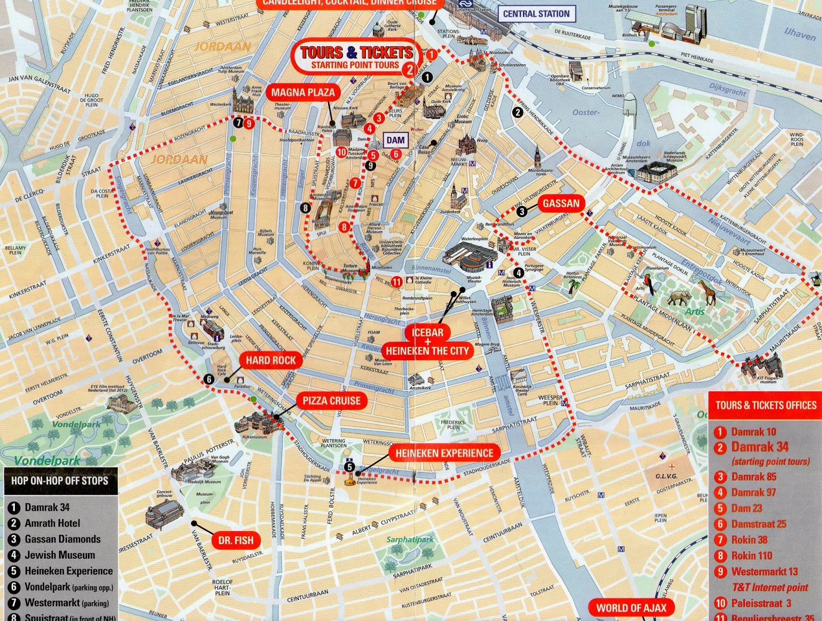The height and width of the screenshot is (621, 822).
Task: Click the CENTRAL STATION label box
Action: (x=536, y=14)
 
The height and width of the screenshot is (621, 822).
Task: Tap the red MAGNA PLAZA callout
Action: (x=303, y=92)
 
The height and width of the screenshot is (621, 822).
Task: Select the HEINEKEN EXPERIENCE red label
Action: (x=444, y=453)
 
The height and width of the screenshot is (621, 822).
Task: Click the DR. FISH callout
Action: (x=236, y=540)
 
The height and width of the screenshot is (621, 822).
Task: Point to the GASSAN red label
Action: (x=561, y=203)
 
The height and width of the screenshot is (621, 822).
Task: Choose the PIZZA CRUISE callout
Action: (x=331, y=401)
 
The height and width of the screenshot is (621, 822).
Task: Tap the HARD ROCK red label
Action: (x=270, y=360)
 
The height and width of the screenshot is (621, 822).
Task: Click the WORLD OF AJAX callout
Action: (x=631, y=608)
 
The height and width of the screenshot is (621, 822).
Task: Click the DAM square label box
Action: (x=395, y=140)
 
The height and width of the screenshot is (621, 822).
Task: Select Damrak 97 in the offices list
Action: (x=753, y=492)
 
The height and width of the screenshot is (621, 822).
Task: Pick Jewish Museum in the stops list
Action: (x=60, y=555)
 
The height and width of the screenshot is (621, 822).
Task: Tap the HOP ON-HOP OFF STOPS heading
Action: (x=60, y=481)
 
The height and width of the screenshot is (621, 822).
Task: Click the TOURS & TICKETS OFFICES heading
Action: (x=765, y=405)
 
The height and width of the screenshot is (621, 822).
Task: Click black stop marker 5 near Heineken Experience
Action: (x=349, y=466)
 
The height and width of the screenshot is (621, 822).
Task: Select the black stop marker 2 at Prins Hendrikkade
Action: (x=517, y=112)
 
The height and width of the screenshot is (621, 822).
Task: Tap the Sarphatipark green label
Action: (x=409, y=539)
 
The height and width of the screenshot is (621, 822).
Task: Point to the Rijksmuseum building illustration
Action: (x=256, y=424)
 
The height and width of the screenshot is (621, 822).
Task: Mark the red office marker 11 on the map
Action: (x=397, y=281)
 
